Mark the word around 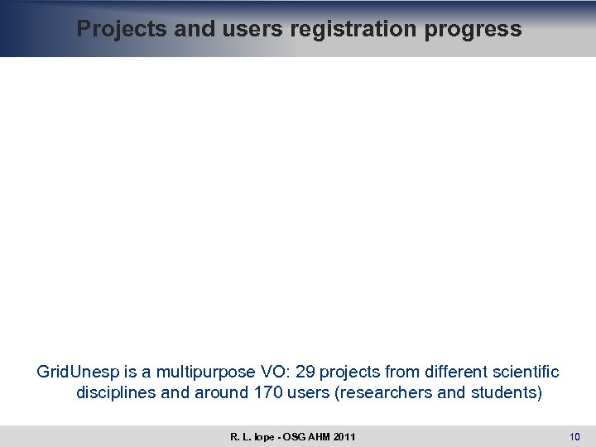219,392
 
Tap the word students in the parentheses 500,392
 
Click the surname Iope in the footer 262,436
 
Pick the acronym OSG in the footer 292,436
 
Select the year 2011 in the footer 345,436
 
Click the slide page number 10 575,436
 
